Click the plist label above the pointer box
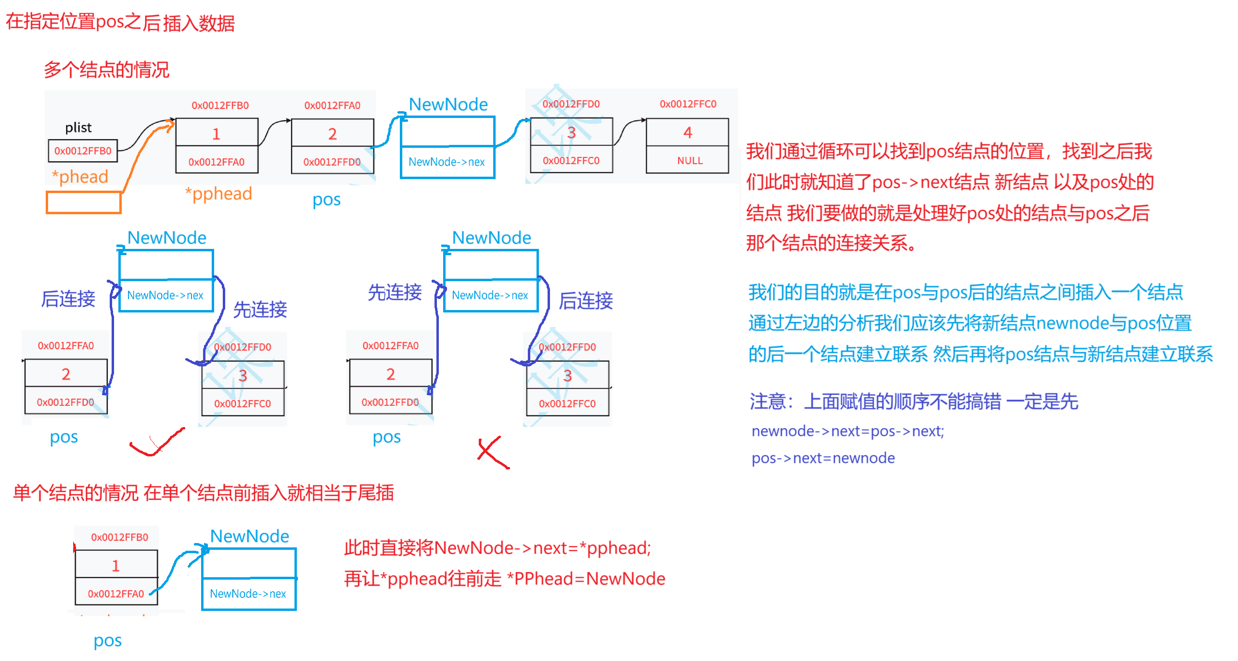78,128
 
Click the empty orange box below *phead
83,203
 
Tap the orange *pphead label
219,194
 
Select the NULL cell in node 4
689,161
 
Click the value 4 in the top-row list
688,132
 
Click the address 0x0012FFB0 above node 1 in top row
220,105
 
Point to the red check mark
156,443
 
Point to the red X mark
493,453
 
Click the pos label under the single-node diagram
108,641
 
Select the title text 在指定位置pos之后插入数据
120,23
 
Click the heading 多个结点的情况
106,70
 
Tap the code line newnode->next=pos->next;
848,431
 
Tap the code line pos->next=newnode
823,458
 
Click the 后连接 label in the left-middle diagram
68,299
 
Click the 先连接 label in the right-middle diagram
395,292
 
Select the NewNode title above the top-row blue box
448,104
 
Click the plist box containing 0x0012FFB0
83,151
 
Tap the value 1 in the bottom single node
115,566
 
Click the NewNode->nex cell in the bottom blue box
248,594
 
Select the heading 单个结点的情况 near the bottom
76,493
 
